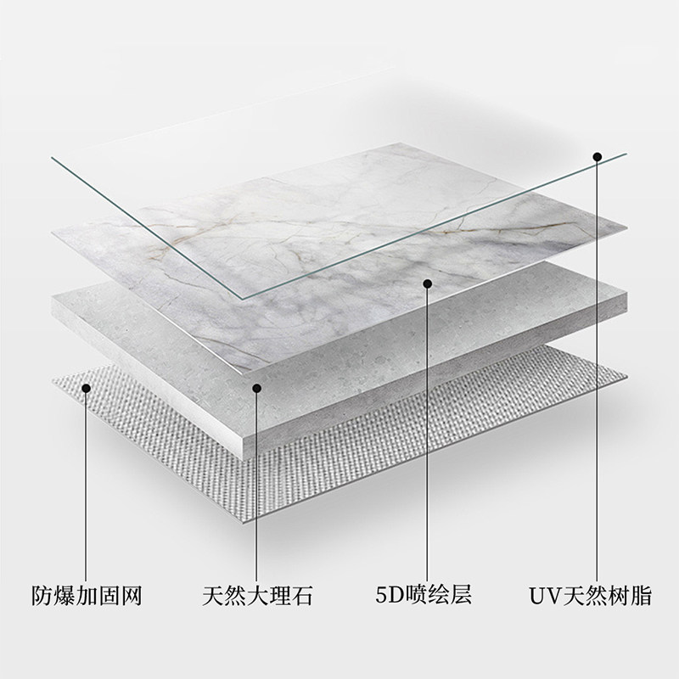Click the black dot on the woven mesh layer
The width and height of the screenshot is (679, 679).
coord(86,388)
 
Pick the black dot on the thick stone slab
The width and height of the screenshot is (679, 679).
coord(256,388)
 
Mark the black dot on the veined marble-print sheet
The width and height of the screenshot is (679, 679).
coord(428,283)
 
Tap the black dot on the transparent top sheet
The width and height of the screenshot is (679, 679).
coord(598,156)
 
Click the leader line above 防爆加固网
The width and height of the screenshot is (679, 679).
coord(86,484)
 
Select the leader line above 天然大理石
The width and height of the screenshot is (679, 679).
coord(256,484)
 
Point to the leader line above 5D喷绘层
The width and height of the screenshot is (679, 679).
coord(428,433)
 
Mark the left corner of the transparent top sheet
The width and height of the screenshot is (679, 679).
coord(51,157)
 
